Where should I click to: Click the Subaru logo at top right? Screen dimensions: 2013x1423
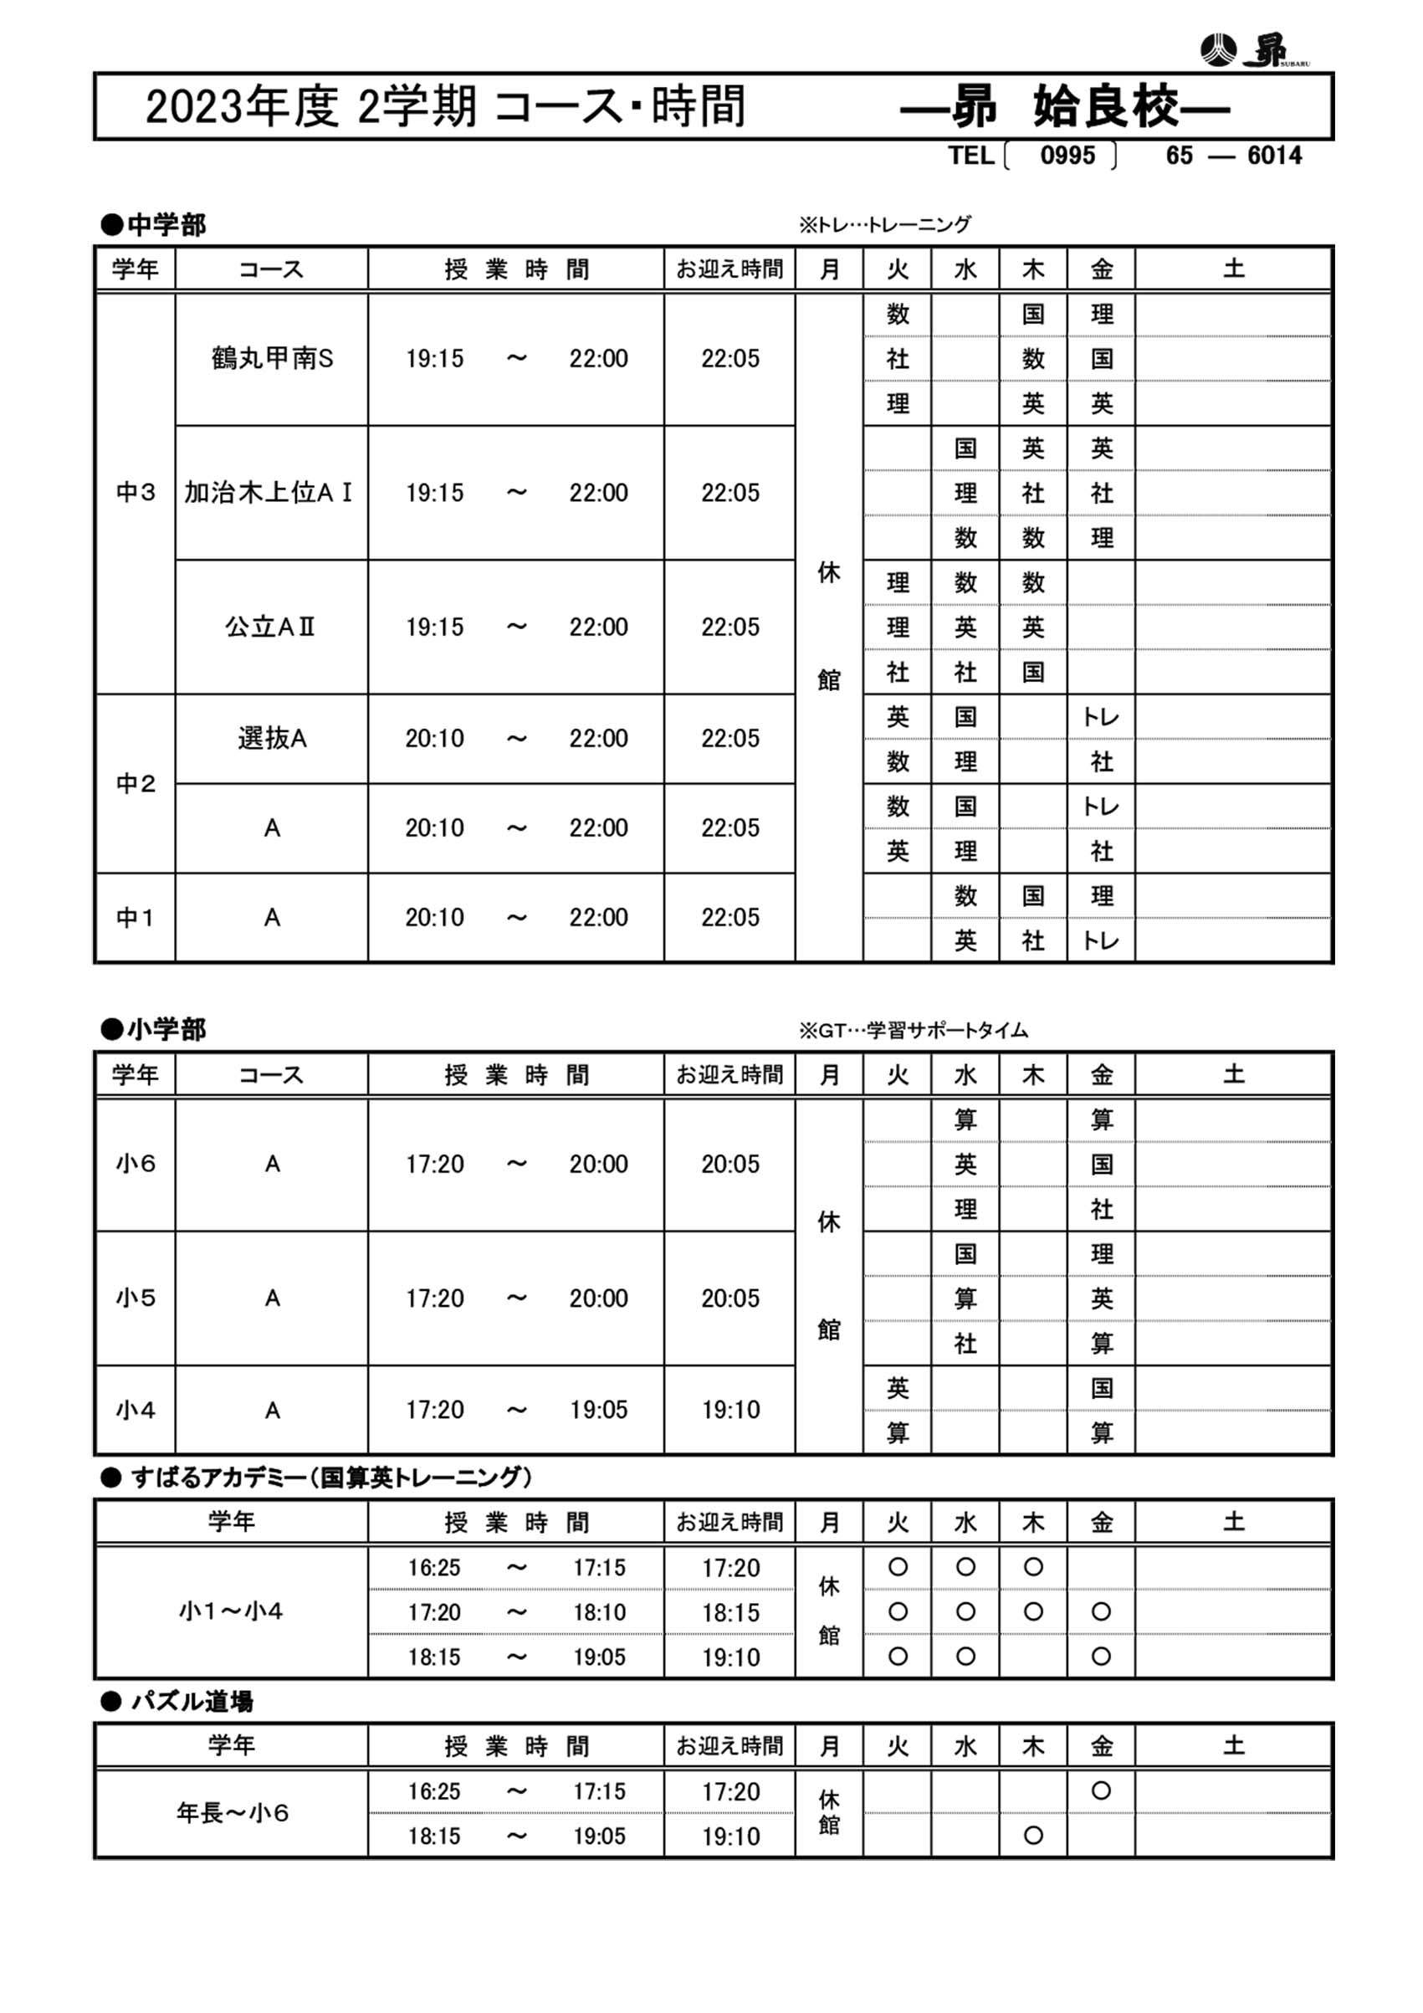(x=1253, y=50)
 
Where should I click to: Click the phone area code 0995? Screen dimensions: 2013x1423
(x=1067, y=155)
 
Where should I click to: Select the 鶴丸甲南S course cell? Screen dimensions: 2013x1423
(x=272, y=359)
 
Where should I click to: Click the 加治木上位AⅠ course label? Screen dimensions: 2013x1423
(x=269, y=493)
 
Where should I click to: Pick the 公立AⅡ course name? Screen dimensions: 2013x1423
(x=270, y=627)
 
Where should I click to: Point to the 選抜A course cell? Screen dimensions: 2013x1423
(x=272, y=738)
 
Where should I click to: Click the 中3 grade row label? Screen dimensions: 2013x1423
(x=135, y=493)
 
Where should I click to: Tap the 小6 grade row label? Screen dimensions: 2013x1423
(x=135, y=1164)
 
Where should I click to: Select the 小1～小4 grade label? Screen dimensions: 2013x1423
(x=231, y=1611)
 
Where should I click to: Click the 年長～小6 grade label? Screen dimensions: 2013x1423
(x=233, y=1812)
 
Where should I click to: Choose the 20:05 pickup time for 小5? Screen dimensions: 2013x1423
(x=729, y=1298)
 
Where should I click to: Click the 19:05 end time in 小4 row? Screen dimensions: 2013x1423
(x=598, y=1409)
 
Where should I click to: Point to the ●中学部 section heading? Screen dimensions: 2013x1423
(x=153, y=225)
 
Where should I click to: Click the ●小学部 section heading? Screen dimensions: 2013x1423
(x=153, y=1029)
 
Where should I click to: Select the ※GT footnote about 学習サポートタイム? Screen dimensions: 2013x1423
(x=912, y=1030)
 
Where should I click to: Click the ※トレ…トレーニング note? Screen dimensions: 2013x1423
(x=883, y=224)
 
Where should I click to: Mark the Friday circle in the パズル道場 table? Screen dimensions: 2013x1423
(x=1101, y=1790)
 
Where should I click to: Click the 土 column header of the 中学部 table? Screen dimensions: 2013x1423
(x=1233, y=269)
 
